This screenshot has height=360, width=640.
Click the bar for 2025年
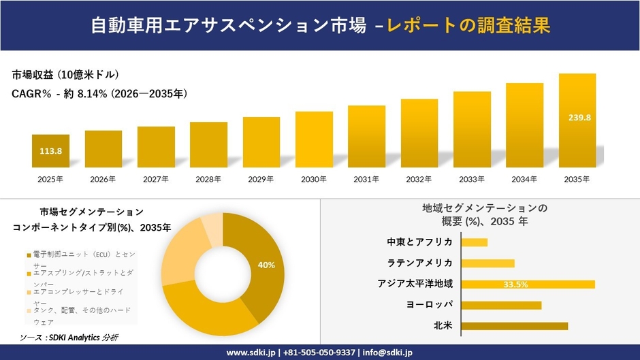click(50, 151)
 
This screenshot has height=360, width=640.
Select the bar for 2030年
click(314, 140)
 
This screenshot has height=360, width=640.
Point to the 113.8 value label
click(51, 151)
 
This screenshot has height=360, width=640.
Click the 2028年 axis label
click(208, 179)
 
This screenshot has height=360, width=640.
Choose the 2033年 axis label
click(472, 179)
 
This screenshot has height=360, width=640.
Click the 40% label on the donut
click(266, 265)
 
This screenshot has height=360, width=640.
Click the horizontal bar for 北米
click(514, 326)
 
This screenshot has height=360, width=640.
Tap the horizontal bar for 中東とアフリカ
click(475, 242)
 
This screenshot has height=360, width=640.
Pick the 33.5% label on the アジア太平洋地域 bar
click(516, 284)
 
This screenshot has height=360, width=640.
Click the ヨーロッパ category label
click(430, 305)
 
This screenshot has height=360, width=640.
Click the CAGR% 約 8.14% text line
click(99, 93)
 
